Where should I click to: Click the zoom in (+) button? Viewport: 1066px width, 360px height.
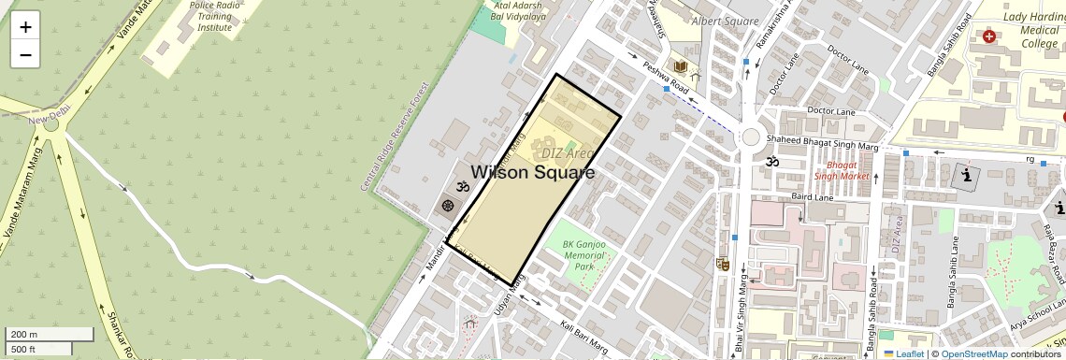coord(25,26)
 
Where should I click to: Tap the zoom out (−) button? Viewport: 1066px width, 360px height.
coord(25,54)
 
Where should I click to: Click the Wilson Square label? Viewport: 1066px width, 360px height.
coord(532,173)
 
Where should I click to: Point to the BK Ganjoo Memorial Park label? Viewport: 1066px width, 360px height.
coord(584,255)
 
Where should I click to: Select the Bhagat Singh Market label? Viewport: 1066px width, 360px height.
coord(841,169)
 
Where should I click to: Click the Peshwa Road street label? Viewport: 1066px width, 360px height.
coord(666,78)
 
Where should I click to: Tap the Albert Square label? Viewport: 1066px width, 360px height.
coord(724,22)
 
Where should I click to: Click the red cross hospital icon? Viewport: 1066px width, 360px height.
coord(989,36)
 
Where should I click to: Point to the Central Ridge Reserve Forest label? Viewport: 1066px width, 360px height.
coord(394,137)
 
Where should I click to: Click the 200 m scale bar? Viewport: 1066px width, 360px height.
coord(50,334)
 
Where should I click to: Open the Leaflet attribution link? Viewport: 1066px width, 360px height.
coord(903,353)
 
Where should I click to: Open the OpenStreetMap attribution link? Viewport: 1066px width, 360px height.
coord(973,353)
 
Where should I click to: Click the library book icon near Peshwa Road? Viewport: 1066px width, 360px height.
coord(682,66)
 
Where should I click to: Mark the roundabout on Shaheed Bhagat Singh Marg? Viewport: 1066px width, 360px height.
coord(750,137)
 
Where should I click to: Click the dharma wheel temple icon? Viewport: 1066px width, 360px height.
coord(447,205)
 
